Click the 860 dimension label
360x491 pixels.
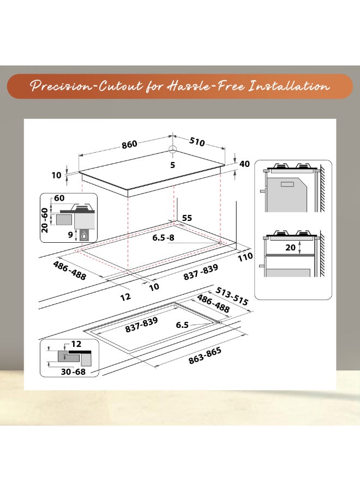(129, 144)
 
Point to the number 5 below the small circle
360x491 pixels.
(173, 164)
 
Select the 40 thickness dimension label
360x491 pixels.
(244, 164)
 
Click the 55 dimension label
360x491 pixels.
(187, 218)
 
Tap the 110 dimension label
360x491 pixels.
(245, 256)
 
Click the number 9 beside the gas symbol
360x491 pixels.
(70, 235)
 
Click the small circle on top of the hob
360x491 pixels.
(173, 151)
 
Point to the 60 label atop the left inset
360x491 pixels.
(59, 197)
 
